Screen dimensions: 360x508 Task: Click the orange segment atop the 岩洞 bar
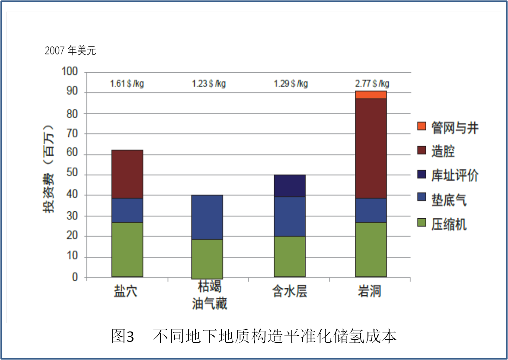point(371,95)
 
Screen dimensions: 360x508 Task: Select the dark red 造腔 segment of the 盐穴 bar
point(127,174)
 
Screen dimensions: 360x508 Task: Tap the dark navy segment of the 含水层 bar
point(290,186)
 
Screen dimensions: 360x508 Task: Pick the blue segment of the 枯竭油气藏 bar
point(207,217)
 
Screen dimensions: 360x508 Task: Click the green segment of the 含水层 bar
point(290,257)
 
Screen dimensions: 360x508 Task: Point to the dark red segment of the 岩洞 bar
point(371,148)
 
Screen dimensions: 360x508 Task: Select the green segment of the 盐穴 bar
point(127,250)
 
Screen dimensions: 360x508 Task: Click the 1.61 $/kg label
point(127,84)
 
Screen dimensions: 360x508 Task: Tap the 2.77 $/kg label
point(372,84)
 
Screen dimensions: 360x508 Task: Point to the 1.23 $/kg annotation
point(209,84)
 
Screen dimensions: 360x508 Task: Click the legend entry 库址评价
point(455,175)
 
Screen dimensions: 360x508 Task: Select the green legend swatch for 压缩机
point(422,223)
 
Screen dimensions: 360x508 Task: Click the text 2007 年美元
point(70,51)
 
